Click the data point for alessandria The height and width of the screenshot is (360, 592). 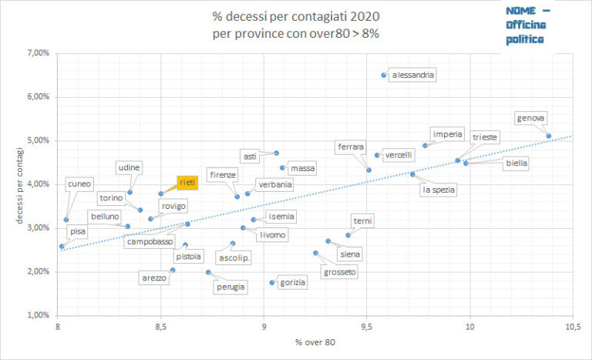click(x=384, y=75)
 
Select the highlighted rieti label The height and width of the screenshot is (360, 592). click(x=187, y=182)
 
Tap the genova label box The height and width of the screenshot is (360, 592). click(x=532, y=118)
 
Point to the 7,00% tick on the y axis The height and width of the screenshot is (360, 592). click(x=39, y=53)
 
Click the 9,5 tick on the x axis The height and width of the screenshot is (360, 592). click(x=367, y=327)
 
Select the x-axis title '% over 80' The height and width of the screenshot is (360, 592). click(x=314, y=342)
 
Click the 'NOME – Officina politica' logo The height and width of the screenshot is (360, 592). click(x=529, y=26)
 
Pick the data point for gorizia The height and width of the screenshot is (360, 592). click(x=272, y=282)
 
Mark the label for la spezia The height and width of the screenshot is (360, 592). click(x=439, y=189)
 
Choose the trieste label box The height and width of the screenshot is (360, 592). click(x=485, y=137)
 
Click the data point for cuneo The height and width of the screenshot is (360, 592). click(x=66, y=220)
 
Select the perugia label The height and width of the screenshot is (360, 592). click(x=231, y=287)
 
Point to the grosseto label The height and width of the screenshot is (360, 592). click(x=340, y=271)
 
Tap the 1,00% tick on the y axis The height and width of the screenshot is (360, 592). click(x=39, y=315)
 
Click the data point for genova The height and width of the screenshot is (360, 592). click(x=548, y=136)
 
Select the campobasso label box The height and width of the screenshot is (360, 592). click(x=150, y=241)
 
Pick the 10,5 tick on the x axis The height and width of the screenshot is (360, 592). click(x=572, y=327)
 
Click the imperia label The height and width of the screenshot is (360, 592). click(x=448, y=134)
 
